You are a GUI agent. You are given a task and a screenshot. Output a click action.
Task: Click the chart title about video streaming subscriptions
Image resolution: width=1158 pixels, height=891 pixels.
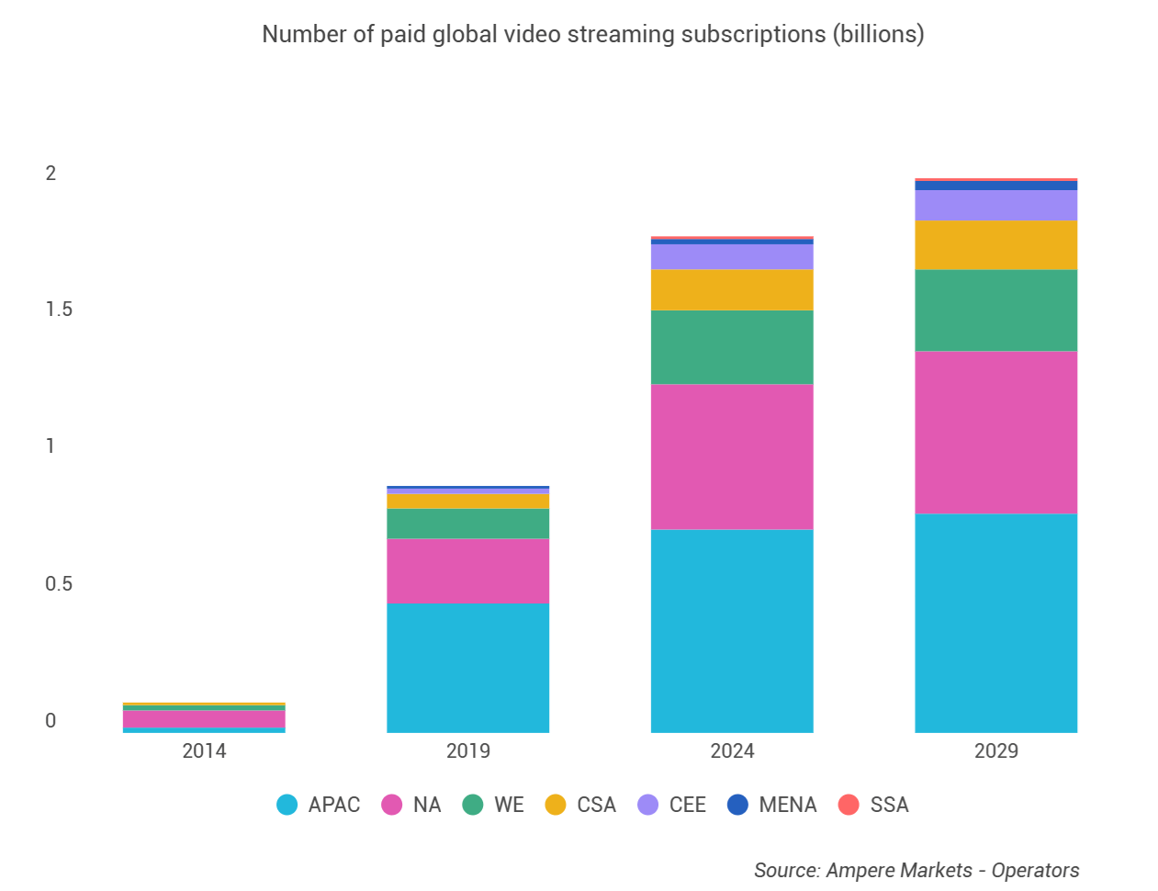592,35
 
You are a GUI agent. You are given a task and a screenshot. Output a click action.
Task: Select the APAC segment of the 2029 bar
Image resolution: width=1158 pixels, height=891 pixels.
995,622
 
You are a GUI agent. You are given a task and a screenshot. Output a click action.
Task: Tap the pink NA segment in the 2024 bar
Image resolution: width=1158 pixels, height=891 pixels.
732,456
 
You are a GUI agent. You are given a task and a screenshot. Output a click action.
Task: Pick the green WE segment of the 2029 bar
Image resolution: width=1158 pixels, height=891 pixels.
995,310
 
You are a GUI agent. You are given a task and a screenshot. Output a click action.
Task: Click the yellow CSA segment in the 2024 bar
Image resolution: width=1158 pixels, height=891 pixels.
732,289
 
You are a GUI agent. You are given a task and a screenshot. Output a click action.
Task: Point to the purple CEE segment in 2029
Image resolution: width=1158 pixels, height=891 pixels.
995,205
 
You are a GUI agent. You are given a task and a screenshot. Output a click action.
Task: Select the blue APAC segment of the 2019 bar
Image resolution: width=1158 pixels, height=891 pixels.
467,667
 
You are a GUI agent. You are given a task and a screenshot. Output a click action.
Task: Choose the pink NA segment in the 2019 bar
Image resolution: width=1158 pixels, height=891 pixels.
467,570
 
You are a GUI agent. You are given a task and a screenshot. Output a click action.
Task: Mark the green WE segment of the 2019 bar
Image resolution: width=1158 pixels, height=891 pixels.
467,524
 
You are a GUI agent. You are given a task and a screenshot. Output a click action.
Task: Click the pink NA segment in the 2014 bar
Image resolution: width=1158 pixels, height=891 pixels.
204,718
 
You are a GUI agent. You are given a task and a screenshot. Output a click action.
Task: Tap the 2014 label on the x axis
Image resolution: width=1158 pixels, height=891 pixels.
204,751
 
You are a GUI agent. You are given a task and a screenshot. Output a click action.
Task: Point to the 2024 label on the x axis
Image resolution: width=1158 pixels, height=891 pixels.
732,751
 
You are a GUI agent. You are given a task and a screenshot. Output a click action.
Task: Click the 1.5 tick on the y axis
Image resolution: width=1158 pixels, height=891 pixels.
59,310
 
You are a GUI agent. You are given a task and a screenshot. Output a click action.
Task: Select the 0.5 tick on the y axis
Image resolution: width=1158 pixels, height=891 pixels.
59,584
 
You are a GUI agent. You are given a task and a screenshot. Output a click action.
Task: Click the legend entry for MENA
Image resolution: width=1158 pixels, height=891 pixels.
787,806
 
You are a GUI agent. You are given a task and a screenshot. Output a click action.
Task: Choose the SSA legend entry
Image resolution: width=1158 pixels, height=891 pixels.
888,806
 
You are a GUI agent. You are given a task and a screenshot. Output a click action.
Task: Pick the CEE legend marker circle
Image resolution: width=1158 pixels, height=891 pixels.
647,806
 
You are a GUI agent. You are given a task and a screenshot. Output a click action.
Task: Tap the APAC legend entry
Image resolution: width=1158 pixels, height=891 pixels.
333,806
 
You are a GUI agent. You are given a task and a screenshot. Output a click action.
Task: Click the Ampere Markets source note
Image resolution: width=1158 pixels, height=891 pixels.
916,871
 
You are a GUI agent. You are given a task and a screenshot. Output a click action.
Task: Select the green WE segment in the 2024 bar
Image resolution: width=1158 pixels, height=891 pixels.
732,346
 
